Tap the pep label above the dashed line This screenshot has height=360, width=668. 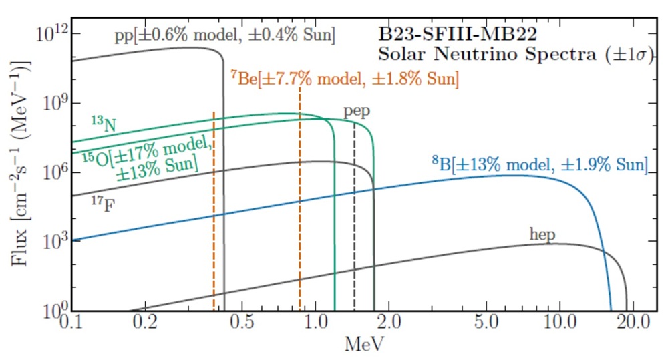click(x=357, y=111)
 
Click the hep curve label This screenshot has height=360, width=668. click(x=542, y=234)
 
